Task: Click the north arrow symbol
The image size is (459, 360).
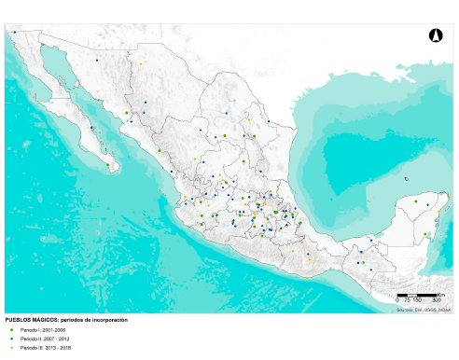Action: tap(433, 35)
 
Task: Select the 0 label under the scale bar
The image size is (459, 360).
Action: tap(397, 300)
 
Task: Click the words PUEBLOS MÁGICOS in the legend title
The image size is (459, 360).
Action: tap(27, 319)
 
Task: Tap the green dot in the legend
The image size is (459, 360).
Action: tap(11, 329)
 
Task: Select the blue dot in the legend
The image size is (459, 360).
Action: tap(11, 339)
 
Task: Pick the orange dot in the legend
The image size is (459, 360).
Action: tap(11, 348)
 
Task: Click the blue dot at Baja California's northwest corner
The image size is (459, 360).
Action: tap(15, 32)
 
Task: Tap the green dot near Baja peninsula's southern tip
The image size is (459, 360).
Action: tap(109, 166)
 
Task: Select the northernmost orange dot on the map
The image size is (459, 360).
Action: tap(141, 64)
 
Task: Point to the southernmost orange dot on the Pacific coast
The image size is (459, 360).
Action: tap(305, 275)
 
